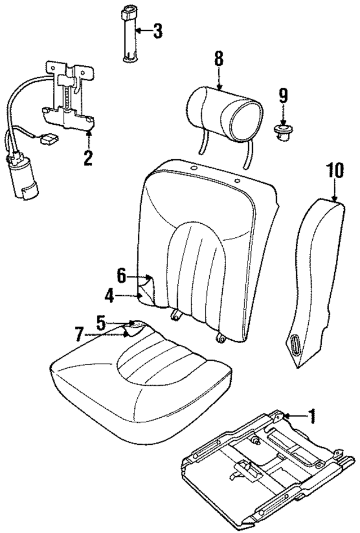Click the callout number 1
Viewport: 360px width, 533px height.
point(312,416)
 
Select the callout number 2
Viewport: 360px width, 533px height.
point(87,157)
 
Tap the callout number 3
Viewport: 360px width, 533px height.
point(158,30)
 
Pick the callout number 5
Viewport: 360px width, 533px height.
point(101,323)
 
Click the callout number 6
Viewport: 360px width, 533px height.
point(121,275)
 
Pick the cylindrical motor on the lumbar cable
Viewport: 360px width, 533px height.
point(21,178)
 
